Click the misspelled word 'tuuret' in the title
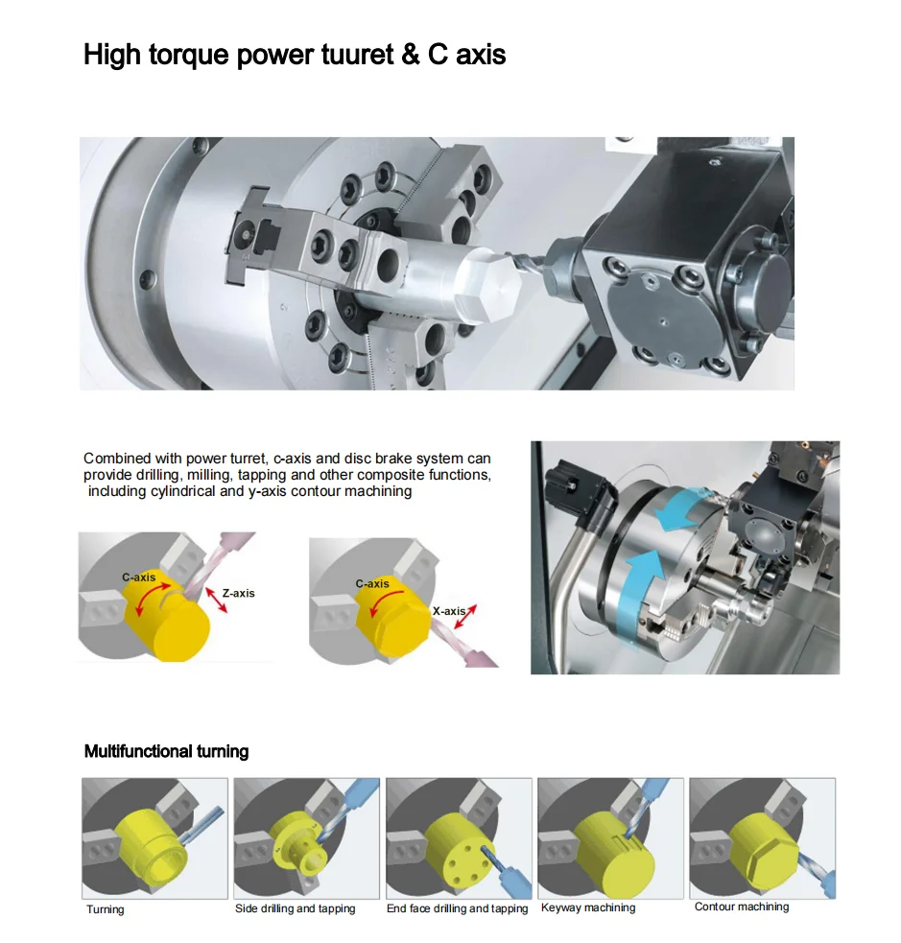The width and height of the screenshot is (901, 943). click(x=357, y=54)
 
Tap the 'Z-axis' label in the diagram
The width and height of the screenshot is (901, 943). click(x=238, y=593)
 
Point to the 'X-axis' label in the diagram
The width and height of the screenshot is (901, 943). click(x=449, y=611)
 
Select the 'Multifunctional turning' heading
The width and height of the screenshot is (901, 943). click(x=167, y=751)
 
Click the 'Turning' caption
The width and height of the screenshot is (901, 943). click(x=106, y=909)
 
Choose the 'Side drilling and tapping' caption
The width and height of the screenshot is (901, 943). click(x=296, y=908)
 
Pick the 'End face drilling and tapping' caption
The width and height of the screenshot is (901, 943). click(x=457, y=908)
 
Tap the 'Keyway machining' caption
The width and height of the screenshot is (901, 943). click(x=588, y=908)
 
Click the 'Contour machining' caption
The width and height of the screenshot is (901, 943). click(x=742, y=907)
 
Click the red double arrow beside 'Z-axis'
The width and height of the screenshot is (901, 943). click(x=217, y=601)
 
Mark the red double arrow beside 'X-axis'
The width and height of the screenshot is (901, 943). click(x=465, y=617)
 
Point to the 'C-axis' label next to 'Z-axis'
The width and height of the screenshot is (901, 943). click(x=138, y=578)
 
